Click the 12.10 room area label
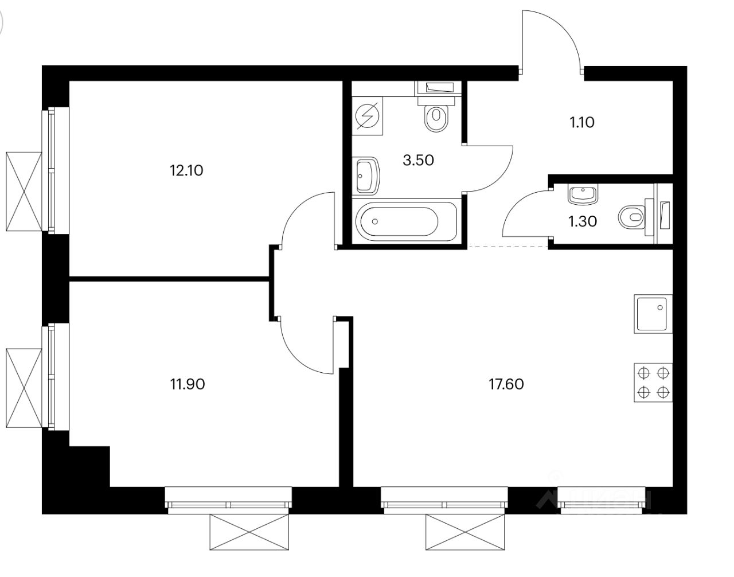pyautogui.click(x=186, y=170)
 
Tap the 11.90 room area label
pyautogui.click(x=187, y=384)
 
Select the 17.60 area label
pyautogui.click(x=506, y=384)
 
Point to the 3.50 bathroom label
pyautogui.click(x=418, y=160)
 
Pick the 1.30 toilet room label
pyautogui.click(x=582, y=221)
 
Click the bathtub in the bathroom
pyautogui.click(x=406, y=221)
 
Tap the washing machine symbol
pyautogui.click(x=366, y=117)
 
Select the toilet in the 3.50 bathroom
pyautogui.click(x=436, y=117)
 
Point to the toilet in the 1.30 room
pyautogui.click(x=631, y=217)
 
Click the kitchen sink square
pyautogui.click(x=653, y=314)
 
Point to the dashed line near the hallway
pyautogui.click(x=507, y=247)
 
